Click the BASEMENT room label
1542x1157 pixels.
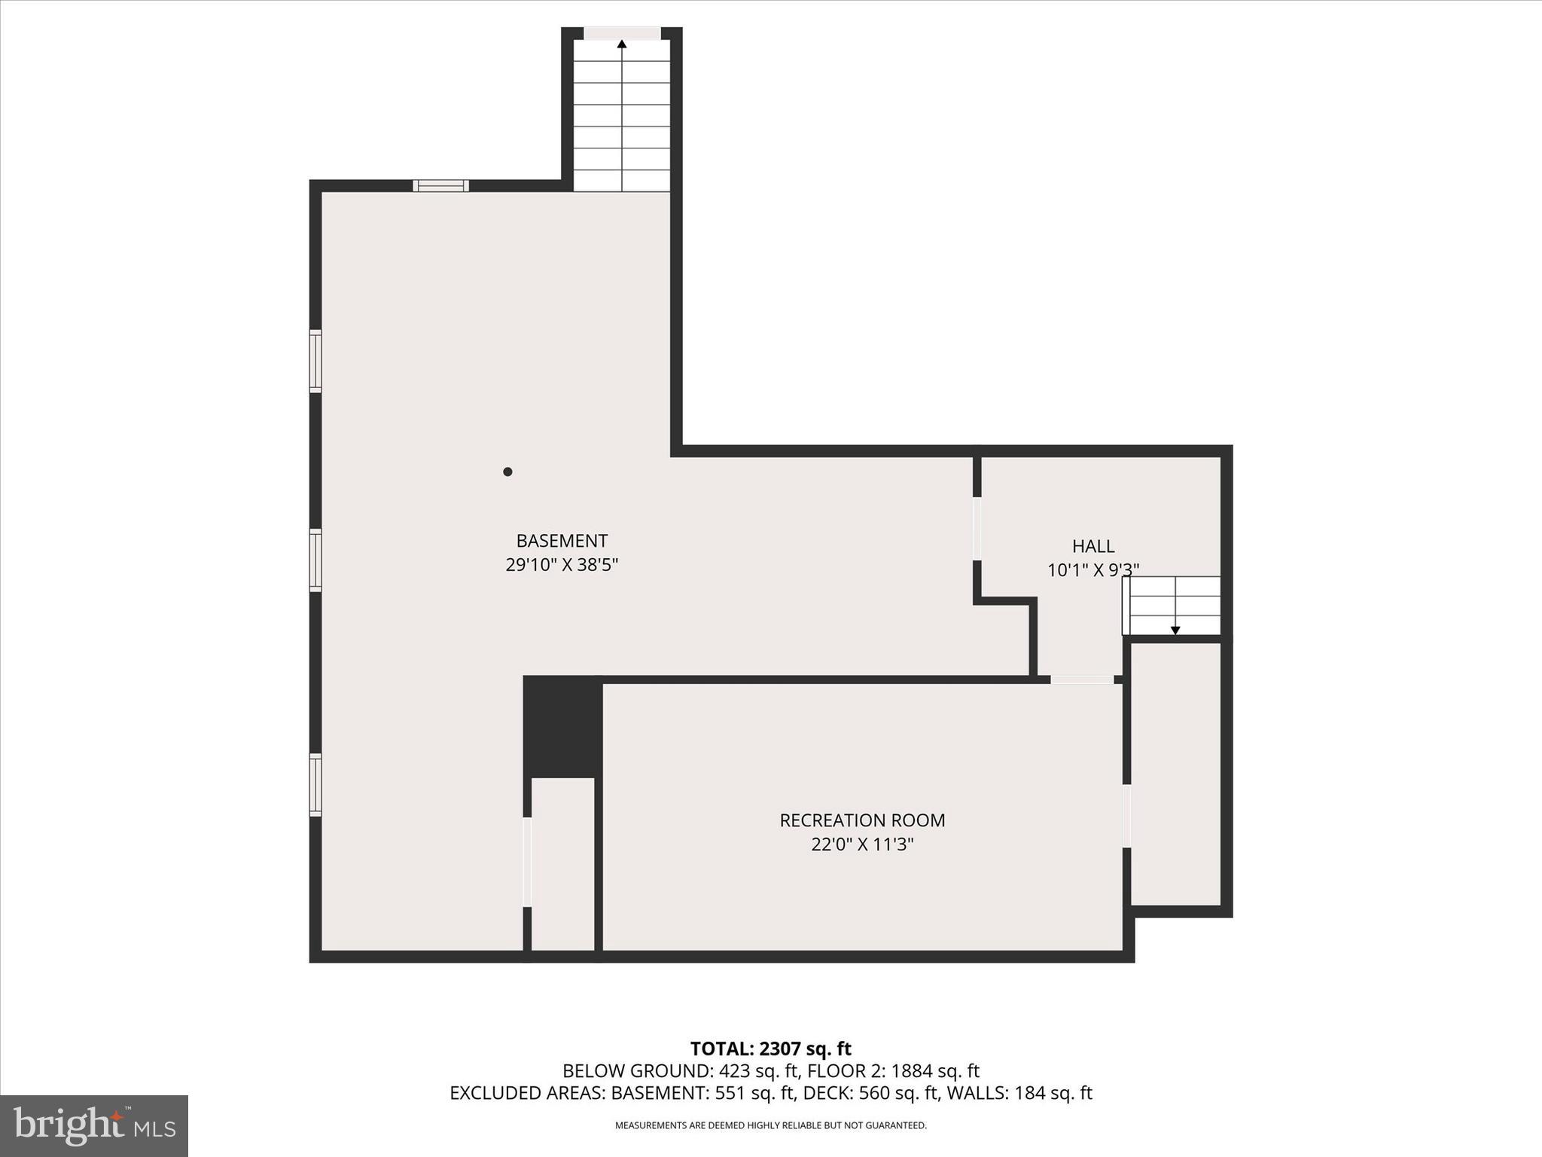pyautogui.click(x=562, y=541)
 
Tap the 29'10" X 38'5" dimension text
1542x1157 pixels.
pyautogui.click(x=562, y=565)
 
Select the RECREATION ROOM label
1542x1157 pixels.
pyautogui.click(x=862, y=820)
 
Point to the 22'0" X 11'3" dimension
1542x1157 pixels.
pyautogui.click(x=862, y=844)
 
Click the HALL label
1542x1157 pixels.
pyautogui.click(x=1093, y=546)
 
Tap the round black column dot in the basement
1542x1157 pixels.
pyautogui.click(x=507, y=472)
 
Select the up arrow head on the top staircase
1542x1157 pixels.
pyautogui.click(x=622, y=44)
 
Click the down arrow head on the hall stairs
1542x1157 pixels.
pyautogui.click(x=1175, y=630)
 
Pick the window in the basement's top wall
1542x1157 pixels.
pyautogui.click(x=441, y=185)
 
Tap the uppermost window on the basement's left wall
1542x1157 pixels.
pyautogui.click(x=315, y=361)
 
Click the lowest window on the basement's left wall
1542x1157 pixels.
pyautogui.click(x=315, y=784)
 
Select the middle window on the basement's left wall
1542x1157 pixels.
pyautogui.click(x=315, y=560)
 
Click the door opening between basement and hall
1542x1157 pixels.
pyautogui.click(x=977, y=528)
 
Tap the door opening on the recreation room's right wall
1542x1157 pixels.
pyautogui.click(x=1127, y=817)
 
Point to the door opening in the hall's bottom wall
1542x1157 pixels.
pyautogui.click(x=1082, y=679)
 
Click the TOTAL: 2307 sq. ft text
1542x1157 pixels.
pyautogui.click(x=770, y=1049)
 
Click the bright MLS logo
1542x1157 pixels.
pyautogui.click(x=94, y=1125)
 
